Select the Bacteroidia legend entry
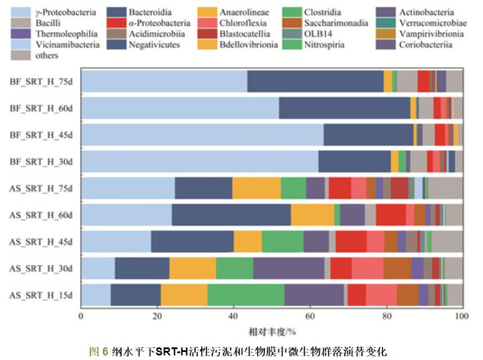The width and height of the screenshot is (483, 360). [x=150, y=12]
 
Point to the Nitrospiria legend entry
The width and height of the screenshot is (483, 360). [x=326, y=45]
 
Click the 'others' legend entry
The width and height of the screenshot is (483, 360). [x=48, y=56]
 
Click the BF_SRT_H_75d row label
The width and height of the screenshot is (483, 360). [x=41, y=81]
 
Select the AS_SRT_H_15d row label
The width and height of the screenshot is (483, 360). [x=41, y=295]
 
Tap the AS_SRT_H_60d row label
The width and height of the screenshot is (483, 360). [x=41, y=215]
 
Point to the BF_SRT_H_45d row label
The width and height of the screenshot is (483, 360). [x=41, y=135]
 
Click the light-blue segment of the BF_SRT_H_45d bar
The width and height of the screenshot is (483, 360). [x=201, y=135]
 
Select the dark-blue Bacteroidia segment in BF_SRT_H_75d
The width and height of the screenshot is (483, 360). [x=315, y=81]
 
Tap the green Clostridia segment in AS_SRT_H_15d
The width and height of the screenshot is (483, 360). [x=246, y=295]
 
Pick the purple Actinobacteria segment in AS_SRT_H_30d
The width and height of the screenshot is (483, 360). [x=289, y=268]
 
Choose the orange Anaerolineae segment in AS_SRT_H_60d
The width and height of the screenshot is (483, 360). [x=313, y=215]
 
